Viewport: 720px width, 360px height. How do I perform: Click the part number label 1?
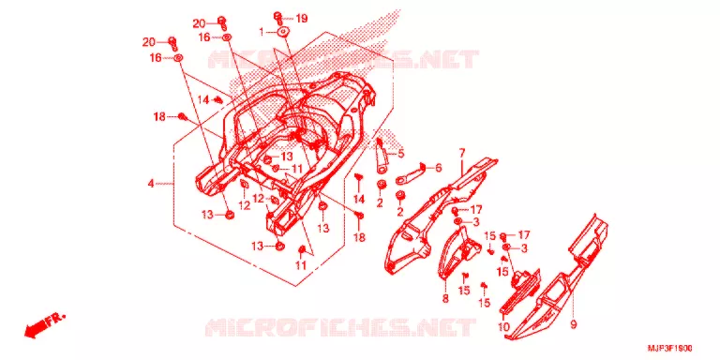point(262,32)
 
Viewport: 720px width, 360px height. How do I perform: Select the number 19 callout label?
point(301,19)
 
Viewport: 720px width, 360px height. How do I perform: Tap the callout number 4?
point(151,184)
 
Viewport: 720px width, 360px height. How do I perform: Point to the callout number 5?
point(401,154)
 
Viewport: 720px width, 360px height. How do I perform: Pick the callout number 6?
point(438,168)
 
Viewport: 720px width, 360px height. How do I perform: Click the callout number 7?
point(462,152)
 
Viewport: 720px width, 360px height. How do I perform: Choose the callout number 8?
point(445,299)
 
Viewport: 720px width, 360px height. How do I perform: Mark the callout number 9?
point(574,324)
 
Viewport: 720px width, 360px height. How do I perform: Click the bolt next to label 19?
point(278,18)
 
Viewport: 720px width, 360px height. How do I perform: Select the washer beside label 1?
point(282,32)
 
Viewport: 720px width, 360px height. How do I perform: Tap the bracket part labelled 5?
point(382,157)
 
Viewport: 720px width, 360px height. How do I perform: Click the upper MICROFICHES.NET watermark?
point(343,59)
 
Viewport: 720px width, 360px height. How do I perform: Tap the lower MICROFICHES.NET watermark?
point(339,327)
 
